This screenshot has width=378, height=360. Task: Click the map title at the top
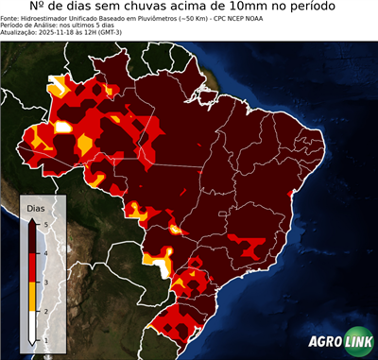(x=189, y=9)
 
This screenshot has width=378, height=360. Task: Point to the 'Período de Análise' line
(x=47, y=28)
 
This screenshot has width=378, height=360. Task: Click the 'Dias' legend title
(x=35, y=207)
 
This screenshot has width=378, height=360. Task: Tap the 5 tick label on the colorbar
(x=46, y=223)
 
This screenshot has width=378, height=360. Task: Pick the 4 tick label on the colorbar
(x=46, y=252)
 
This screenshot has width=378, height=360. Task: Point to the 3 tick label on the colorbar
(x=46, y=282)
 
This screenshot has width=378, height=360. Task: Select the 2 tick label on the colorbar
(x=46, y=311)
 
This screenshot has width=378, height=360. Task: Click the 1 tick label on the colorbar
(x=46, y=339)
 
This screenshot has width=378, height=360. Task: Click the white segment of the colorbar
(x=32, y=325)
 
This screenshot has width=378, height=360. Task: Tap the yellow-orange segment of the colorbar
(x=32, y=296)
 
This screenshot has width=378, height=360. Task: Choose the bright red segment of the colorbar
(x=32, y=266)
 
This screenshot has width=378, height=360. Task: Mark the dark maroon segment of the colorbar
(x=32, y=237)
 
